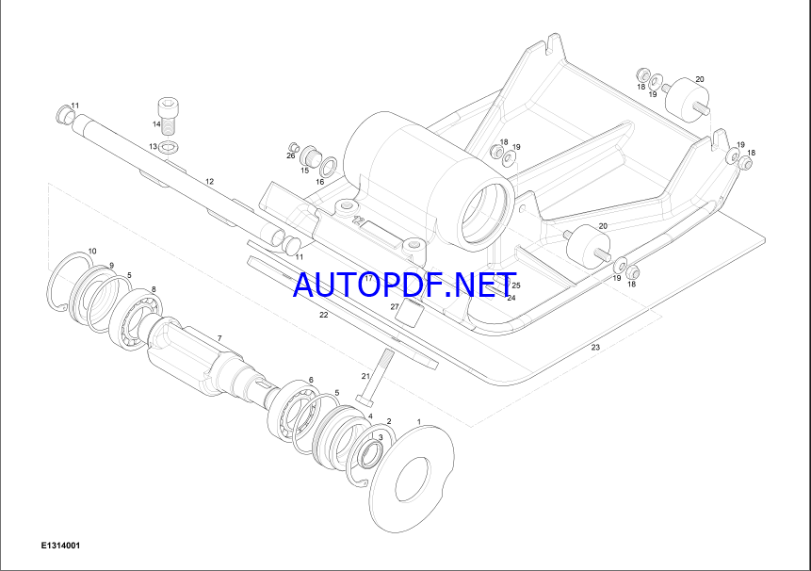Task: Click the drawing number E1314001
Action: click(x=61, y=546)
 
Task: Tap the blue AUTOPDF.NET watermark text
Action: click(x=405, y=285)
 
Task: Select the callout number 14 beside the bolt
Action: click(x=156, y=124)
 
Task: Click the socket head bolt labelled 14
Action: click(x=169, y=117)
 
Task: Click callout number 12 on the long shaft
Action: click(x=209, y=182)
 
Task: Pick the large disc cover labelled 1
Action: click(x=413, y=479)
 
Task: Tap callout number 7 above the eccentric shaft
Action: click(x=219, y=338)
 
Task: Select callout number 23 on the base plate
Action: click(x=595, y=347)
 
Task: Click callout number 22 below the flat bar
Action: click(x=324, y=315)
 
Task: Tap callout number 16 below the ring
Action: click(x=319, y=182)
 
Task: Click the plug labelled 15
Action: click(x=311, y=155)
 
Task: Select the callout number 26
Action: click(x=291, y=155)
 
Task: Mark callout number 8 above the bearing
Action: click(x=154, y=289)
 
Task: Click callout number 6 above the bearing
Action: click(x=311, y=380)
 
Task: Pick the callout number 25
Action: click(x=515, y=285)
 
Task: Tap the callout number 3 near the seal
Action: click(x=381, y=437)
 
